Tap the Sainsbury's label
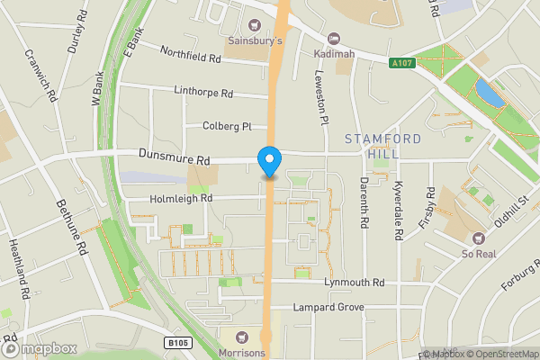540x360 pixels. (x=254, y=41)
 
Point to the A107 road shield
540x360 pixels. (x=402, y=63)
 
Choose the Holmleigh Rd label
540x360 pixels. (x=180, y=198)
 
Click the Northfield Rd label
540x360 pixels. (x=191, y=56)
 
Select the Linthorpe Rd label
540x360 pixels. (x=204, y=93)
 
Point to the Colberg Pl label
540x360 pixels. (x=227, y=127)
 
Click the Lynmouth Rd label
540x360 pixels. (x=355, y=283)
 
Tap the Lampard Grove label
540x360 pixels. (x=328, y=308)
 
